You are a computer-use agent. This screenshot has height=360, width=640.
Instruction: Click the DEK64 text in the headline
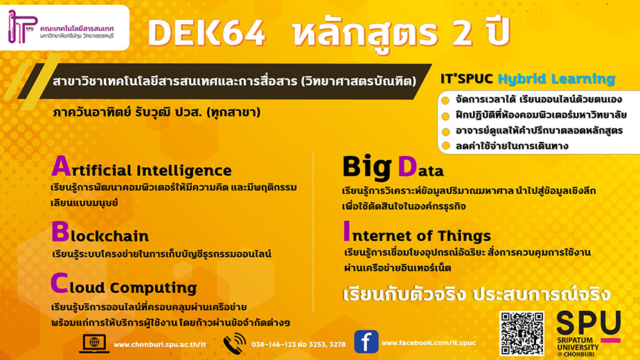click(x=206, y=33)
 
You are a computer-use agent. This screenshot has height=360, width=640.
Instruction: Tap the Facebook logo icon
click(x=366, y=341)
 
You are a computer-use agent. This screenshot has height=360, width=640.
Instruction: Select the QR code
click(x=522, y=333)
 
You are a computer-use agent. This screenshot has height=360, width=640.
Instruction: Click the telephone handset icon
click(x=235, y=343)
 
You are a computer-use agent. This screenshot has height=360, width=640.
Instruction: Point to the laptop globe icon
click(x=94, y=343)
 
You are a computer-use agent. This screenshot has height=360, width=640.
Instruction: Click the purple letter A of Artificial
click(x=61, y=166)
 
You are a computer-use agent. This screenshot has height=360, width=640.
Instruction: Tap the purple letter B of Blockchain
click(x=60, y=232)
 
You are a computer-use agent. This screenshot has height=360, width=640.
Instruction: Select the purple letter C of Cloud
click(x=59, y=283)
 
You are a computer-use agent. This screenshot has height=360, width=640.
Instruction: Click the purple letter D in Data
click(x=407, y=167)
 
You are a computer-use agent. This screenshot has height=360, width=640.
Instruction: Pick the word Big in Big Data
click(x=367, y=168)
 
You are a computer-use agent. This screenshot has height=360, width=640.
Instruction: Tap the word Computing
click(x=154, y=288)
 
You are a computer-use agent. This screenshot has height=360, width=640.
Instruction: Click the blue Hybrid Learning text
click(x=556, y=79)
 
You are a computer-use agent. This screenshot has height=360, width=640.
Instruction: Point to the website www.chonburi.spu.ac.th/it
click(x=160, y=345)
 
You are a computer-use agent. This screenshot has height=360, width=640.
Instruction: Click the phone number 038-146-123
click(x=274, y=345)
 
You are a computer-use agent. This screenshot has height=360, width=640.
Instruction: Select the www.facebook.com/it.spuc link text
click(x=429, y=343)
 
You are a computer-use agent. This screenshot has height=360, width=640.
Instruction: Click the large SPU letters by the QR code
click(x=589, y=323)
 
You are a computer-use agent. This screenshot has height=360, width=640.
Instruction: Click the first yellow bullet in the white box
click(x=445, y=100)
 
